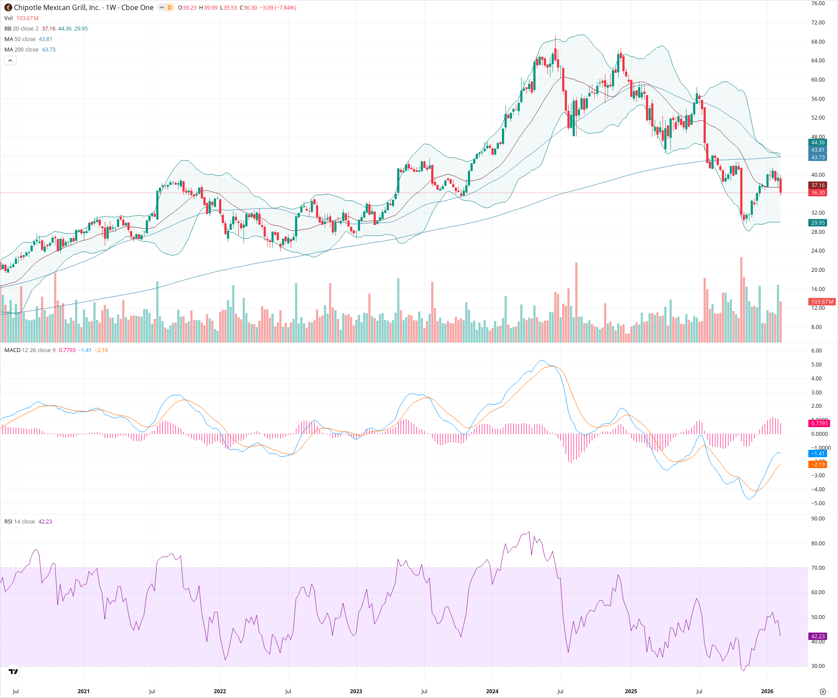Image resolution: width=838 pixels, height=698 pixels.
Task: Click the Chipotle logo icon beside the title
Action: [x=8, y=7]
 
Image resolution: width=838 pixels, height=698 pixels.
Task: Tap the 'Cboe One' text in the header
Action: [x=137, y=7]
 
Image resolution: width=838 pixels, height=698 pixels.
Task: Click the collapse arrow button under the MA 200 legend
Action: [x=10, y=61]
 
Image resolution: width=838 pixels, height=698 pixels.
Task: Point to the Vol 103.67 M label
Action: [x=21, y=18]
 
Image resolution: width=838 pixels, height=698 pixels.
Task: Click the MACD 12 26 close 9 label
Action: [x=30, y=350]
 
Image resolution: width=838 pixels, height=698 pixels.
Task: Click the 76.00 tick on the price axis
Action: [x=818, y=3]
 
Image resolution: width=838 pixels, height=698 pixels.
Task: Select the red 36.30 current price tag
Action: [x=817, y=193]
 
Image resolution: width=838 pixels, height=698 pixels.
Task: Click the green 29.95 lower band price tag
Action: [x=817, y=223]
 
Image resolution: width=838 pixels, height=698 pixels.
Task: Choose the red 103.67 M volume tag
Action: [x=822, y=302]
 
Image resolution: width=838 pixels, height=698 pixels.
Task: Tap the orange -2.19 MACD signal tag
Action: [x=817, y=464]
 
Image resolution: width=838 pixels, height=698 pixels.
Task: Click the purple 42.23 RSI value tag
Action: [x=817, y=636]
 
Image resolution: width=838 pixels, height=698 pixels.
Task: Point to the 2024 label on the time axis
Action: [x=492, y=691]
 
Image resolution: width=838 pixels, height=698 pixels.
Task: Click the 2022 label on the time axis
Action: [x=220, y=691]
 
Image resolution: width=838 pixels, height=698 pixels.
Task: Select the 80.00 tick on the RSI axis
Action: [x=818, y=544]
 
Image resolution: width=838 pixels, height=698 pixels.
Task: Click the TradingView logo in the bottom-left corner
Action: [x=14, y=671]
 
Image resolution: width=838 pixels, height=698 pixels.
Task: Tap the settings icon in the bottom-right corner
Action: [x=823, y=691]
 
